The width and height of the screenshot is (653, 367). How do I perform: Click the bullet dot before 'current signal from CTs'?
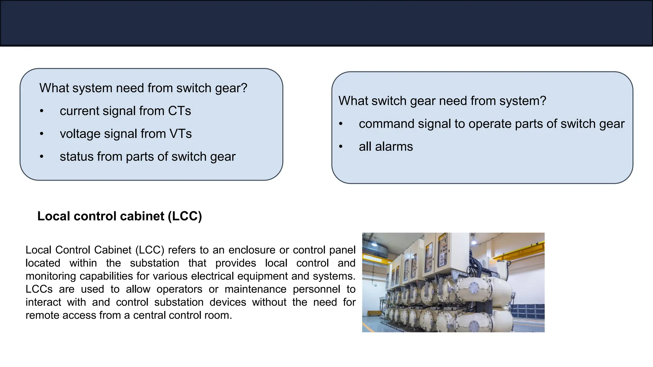(x=41, y=111)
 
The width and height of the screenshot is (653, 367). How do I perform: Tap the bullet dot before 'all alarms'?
(x=341, y=147)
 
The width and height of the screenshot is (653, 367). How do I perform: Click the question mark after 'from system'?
(x=543, y=101)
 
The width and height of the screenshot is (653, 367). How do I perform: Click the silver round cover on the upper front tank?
(x=473, y=288)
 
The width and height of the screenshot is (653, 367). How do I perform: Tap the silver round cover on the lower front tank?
(x=474, y=326)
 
